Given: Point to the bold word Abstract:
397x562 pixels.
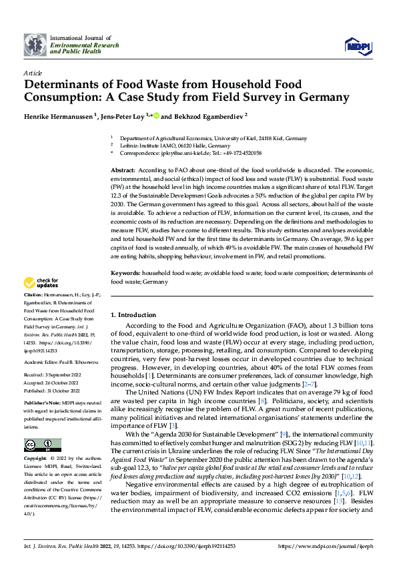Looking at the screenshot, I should [123, 172].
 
